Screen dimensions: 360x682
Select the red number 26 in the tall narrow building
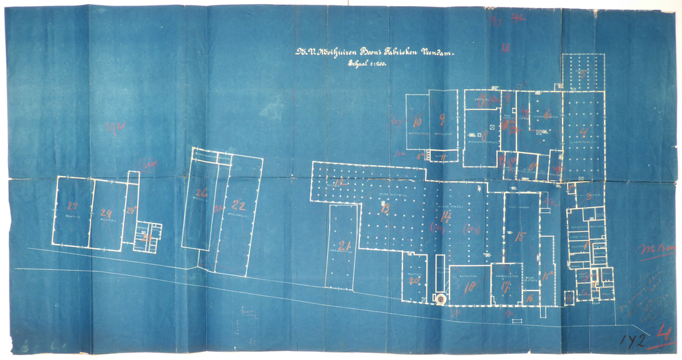click(x=201, y=194)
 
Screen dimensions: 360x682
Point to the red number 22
click(x=238, y=204)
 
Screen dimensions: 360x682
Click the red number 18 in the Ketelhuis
click(x=469, y=288)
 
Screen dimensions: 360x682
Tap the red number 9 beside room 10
click(x=443, y=121)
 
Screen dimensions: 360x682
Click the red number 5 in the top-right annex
click(x=583, y=72)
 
